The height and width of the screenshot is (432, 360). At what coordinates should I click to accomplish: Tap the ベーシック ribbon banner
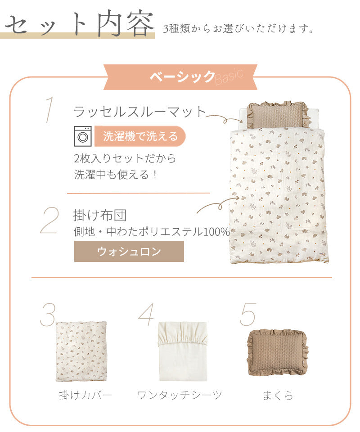click(180, 77)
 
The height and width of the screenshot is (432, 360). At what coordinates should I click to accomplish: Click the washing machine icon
click(83, 136)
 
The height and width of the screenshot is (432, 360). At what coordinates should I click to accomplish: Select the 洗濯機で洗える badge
click(140, 136)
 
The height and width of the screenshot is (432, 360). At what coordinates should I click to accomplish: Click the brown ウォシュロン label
click(129, 251)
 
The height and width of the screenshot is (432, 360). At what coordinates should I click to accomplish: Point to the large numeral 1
click(49, 110)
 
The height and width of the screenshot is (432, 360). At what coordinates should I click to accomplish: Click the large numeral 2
click(50, 220)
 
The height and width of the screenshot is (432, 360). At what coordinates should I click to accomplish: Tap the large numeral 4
click(147, 315)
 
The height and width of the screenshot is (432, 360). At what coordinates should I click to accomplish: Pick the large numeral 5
click(247, 314)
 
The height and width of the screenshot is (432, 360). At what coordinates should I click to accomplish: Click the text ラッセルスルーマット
click(140, 112)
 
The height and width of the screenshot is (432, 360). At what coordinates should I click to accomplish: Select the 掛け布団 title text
click(100, 215)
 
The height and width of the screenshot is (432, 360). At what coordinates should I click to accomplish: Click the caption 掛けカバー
click(85, 395)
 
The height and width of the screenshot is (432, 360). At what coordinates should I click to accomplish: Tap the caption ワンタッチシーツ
click(179, 395)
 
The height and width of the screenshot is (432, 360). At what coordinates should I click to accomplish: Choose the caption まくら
click(278, 396)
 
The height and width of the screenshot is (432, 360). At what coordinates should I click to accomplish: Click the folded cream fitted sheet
click(183, 351)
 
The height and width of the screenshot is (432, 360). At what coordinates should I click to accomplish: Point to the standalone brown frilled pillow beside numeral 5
click(277, 352)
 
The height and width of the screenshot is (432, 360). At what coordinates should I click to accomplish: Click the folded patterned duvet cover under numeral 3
click(81, 351)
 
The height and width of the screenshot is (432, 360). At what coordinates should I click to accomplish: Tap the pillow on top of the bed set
click(277, 115)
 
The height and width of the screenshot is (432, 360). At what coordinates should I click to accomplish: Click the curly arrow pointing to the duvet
click(218, 204)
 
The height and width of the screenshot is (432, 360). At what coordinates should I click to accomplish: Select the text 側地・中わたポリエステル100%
click(152, 232)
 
